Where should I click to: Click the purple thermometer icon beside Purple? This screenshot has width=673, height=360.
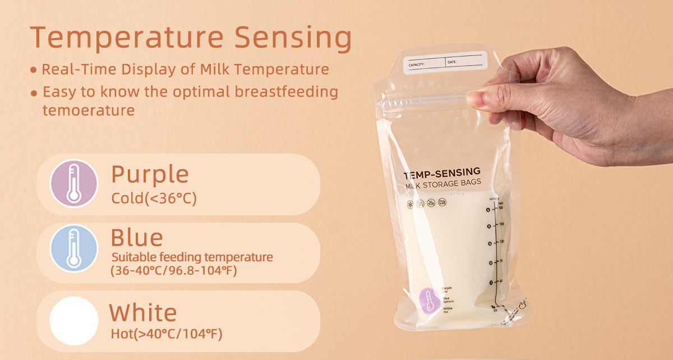[x=74, y=184]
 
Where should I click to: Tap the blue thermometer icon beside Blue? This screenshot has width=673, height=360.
[x=74, y=248]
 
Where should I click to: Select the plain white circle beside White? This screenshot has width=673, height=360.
[x=74, y=321]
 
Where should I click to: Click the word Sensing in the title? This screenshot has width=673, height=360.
[x=293, y=38]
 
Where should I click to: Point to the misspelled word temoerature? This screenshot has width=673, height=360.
[x=89, y=110]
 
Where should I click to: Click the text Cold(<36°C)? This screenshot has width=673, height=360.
[x=154, y=199]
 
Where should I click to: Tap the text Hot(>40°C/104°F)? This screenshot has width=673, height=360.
[x=167, y=335]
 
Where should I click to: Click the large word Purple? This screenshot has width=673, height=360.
[x=150, y=174]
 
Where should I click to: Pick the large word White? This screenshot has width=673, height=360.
[x=143, y=312]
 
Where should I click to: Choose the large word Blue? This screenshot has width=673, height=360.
[x=137, y=237]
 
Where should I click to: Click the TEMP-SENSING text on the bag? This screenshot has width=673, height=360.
[x=442, y=173]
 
